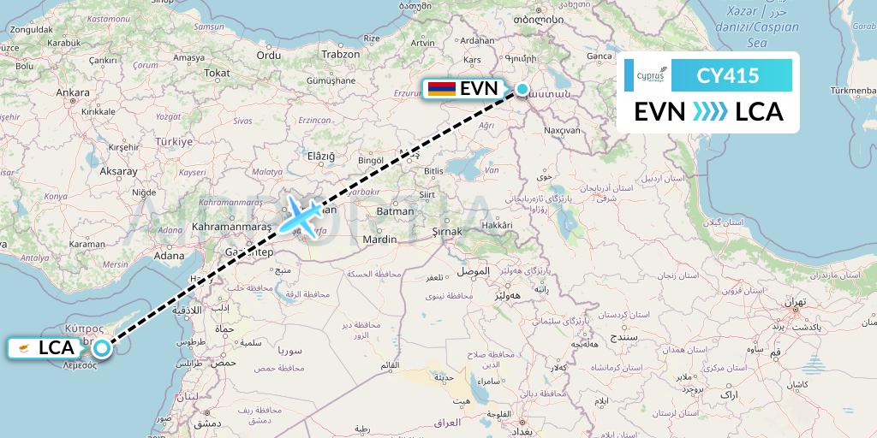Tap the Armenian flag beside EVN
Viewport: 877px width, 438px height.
[440, 89]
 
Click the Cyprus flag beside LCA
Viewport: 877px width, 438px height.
[25, 348]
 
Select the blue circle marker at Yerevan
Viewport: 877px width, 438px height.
[522, 89]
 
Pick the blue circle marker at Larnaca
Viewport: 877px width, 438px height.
[102, 347]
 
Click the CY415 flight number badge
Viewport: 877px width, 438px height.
[727, 75]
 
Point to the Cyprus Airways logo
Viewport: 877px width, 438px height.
[643, 75]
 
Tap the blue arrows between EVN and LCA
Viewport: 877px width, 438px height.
[709, 112]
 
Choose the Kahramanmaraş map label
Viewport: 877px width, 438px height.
[228, 228]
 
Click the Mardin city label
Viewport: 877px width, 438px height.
[379, 240]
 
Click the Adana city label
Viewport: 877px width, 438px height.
[169, 255]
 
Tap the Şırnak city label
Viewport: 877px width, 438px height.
[445, 231]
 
